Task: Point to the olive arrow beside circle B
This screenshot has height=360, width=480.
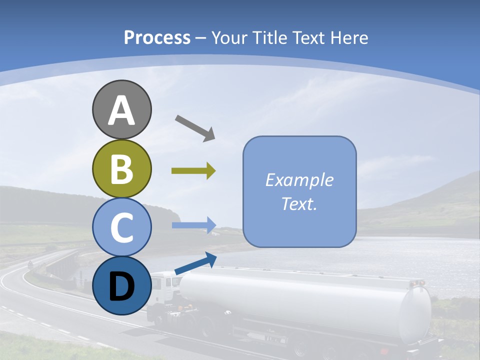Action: [x=193, y=171]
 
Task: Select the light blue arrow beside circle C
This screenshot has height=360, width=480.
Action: [x=193, y=225]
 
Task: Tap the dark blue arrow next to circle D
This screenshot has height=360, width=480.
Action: [x=195, y=264]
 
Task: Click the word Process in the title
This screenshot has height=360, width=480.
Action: [x=157, y=38]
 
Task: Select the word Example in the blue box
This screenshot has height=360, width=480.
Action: [x=299, y=180]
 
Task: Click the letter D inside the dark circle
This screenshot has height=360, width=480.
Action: [x=121, y=286]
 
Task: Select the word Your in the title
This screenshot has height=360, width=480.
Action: [x=229, y=38]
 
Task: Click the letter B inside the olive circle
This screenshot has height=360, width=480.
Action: [x=121, y=169]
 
